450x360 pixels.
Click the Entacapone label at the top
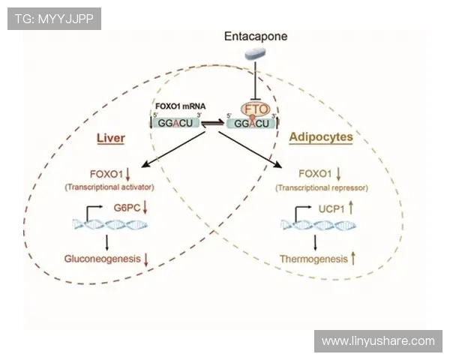tap(256, 36)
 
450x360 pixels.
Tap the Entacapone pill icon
tap(255, 52)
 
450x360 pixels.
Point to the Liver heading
tap(110, 139)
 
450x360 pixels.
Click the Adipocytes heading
tap(321, 138)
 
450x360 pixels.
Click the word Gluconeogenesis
tap(102, 259)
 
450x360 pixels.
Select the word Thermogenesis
tap(313, 259)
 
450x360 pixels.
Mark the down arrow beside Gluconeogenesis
tap(145, 259)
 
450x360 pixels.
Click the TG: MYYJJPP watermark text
tap(54, 18)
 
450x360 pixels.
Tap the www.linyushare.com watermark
tap(378, 341)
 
